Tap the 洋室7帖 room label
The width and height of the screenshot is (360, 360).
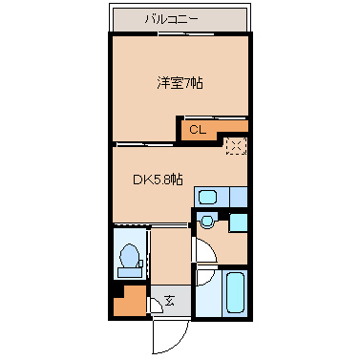pos(180,83)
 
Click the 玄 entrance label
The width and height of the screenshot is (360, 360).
pos(170,301)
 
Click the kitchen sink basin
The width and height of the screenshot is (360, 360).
pos(210,197)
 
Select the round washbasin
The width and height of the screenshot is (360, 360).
pos(206,223)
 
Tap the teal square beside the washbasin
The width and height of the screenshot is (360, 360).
pos(238,222)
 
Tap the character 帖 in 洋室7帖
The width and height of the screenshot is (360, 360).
pos(197,83)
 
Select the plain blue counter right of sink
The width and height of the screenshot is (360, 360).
pos(237,197)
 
